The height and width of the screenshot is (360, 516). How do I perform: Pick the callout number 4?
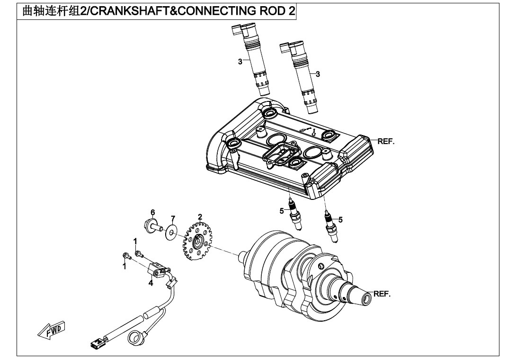point(151,283)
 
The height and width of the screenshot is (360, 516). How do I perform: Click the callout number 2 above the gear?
point(200,217)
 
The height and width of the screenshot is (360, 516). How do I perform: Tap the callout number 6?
point(153,212)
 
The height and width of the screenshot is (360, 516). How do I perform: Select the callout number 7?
point(173,218)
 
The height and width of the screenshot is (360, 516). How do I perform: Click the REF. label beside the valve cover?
point(386,142)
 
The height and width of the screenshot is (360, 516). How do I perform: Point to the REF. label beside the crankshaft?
point(382,294)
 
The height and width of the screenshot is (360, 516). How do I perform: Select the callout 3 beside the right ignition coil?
point(318,74)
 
